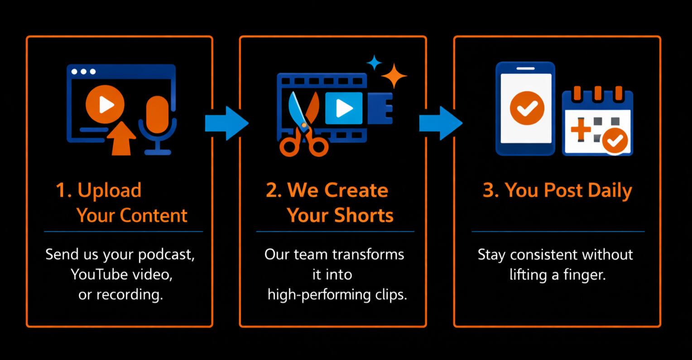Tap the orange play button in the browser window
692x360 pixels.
pyautogui.click(x=105, y=105)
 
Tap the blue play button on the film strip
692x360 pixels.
pyautogui.click(x=344, y=108)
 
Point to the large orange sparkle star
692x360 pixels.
pyautogui.click(x=394, y=76)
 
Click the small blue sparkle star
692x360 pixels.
pyautogui.click(x=374, y=63)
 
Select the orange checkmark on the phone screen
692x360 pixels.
pyautogui.click(x=527, y=108)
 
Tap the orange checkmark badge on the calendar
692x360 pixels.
pyautogui.click(x=615, y=141)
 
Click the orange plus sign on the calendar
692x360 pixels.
pyautogui.click(x=581, y=130)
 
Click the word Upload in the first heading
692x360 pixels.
pyautogui.click(x=109, y=191)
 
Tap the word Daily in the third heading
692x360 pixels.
pyautogui.click(x=610, y=191)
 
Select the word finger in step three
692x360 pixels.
pyautogui.click(x=585, y=275)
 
